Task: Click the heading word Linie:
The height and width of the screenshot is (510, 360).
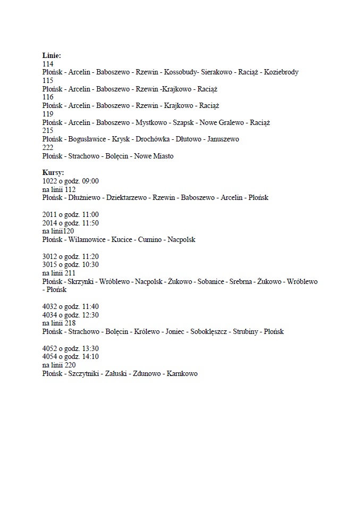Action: point(52,55)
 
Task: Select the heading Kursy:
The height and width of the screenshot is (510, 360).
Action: point(53,173)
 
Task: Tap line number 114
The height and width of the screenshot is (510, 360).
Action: point(48,63)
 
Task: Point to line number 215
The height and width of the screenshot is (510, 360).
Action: point(48,131)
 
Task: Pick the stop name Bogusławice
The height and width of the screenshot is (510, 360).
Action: point(88,139)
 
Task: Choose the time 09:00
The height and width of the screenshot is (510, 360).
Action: point(90,181)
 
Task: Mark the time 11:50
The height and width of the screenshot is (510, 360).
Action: point(90,223)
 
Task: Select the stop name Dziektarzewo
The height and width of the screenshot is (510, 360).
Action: point(126,198)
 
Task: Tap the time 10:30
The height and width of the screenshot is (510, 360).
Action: point(90,265)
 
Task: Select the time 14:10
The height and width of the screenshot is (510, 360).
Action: point(90,357)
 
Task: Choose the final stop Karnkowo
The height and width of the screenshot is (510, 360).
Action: point(182,374)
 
